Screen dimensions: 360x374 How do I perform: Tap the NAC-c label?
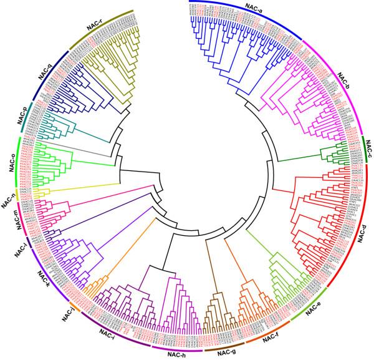(367, 148)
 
